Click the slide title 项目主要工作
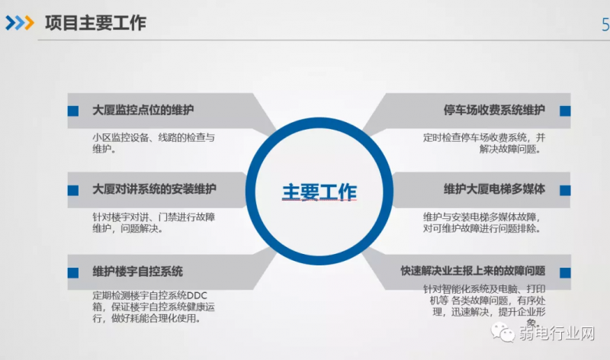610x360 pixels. click(95, 23)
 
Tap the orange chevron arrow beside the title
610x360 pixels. click(30, 23)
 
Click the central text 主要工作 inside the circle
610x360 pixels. click(319, 192)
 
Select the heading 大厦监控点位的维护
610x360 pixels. click(143, 110)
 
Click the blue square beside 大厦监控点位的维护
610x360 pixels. click(73, 111)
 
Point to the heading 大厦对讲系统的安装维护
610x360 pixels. click(154, 189)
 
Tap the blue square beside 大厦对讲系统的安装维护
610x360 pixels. click(73, 191)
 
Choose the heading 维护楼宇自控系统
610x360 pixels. click(137, 272)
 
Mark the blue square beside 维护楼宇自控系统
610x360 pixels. click(73, 273)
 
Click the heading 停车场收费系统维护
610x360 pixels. click(494, 110)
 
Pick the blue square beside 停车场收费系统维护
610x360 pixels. click(565, 111)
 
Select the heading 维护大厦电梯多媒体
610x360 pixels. click(494, 189)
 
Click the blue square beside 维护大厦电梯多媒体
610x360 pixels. click(565, 191)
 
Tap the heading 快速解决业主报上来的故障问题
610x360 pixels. click(473, 271)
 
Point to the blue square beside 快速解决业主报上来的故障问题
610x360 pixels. click(565, 273)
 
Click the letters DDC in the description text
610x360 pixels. click(197, 295)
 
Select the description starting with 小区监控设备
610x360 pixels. click(153, 143)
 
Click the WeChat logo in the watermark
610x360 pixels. click(502, 333)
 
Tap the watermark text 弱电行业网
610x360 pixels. click(557, 333)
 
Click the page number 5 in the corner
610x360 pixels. click(605, 25)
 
